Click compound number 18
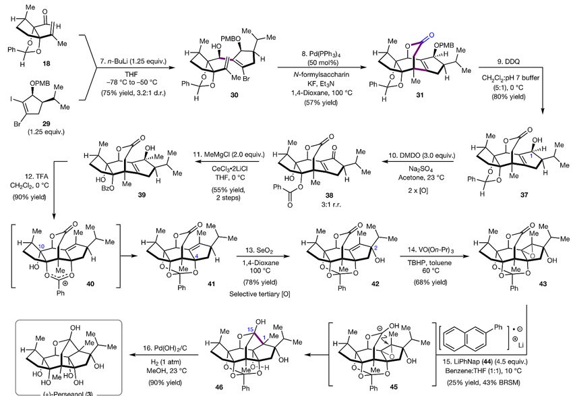46,63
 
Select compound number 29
46,123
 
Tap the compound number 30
234,95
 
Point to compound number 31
420,95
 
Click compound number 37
524,195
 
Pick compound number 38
329,195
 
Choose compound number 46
219,387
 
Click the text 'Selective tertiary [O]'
260,294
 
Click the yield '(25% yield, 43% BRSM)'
484,383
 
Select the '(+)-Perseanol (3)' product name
68,394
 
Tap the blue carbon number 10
41,247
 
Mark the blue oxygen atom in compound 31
431,35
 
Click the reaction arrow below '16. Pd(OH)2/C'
164,355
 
